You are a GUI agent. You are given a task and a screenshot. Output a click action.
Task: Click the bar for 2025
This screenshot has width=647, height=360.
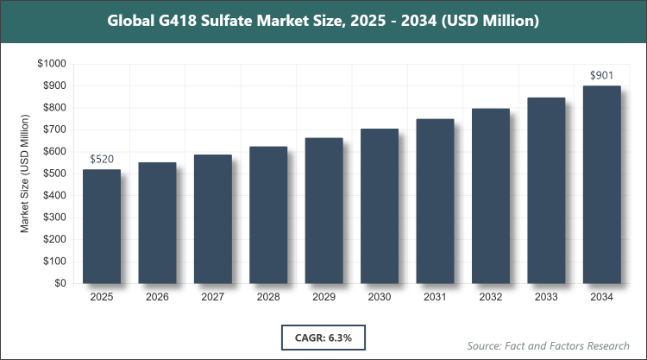102,226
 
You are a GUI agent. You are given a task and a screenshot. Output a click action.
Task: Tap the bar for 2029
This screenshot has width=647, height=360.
323,211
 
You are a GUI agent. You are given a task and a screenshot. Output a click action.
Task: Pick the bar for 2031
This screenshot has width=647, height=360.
435,201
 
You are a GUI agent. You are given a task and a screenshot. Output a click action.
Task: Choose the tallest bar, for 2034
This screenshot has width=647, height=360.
602,185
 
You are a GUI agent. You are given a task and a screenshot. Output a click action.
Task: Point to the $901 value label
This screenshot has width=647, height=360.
602,76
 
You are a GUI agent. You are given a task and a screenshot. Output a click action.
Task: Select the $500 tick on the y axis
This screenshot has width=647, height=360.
54,174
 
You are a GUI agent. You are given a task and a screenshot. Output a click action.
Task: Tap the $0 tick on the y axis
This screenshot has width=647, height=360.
60,283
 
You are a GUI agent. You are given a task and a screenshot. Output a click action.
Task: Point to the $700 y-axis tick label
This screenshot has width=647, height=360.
54,129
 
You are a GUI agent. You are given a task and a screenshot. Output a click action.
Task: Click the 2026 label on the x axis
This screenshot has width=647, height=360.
157,298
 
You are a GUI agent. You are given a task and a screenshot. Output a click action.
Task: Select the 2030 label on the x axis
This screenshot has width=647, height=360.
380,298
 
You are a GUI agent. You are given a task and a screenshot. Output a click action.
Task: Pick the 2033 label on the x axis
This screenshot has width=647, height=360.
546,298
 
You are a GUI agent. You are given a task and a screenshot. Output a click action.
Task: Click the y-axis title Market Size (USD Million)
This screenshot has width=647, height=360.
26,174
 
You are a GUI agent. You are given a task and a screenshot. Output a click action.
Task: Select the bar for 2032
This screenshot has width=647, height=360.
491,196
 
